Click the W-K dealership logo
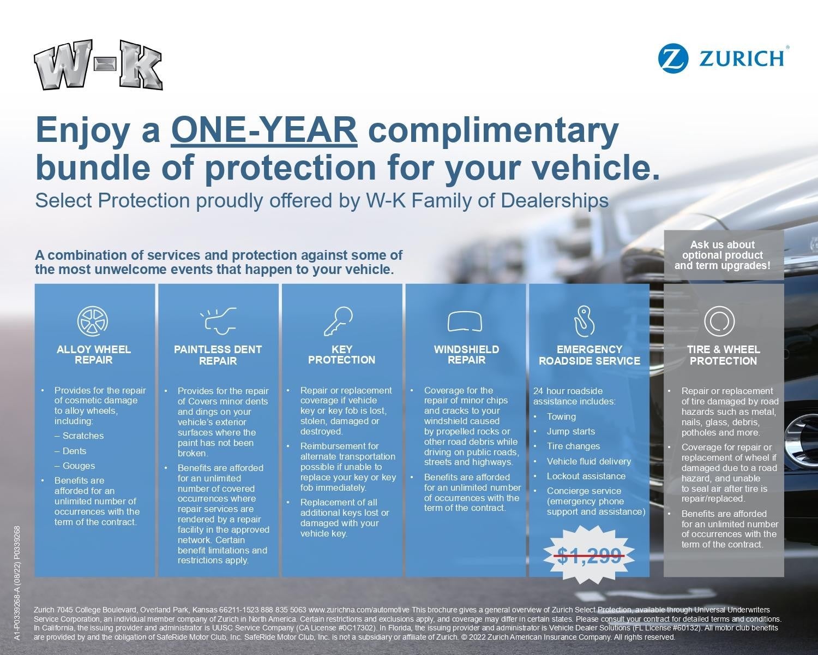pos(98,64)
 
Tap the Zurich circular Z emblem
pos(673,58)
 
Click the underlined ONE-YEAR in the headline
pos(264,130)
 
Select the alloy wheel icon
pos(93,321)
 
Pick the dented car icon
pos(218,320)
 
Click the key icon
pos(339,321)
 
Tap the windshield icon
pos(465,321)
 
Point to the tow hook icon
pos(584,321)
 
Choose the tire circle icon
pos(719,321)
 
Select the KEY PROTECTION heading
pos(342,355)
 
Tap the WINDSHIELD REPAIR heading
pos(466,355)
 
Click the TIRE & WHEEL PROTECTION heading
pos(723,355)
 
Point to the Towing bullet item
pos(561,416)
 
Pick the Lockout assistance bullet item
pos(586,476)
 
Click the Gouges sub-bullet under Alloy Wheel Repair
pos(79,466)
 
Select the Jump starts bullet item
pos(570,431)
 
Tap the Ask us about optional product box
pos(723,255)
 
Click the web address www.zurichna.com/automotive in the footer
pos(358,610)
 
